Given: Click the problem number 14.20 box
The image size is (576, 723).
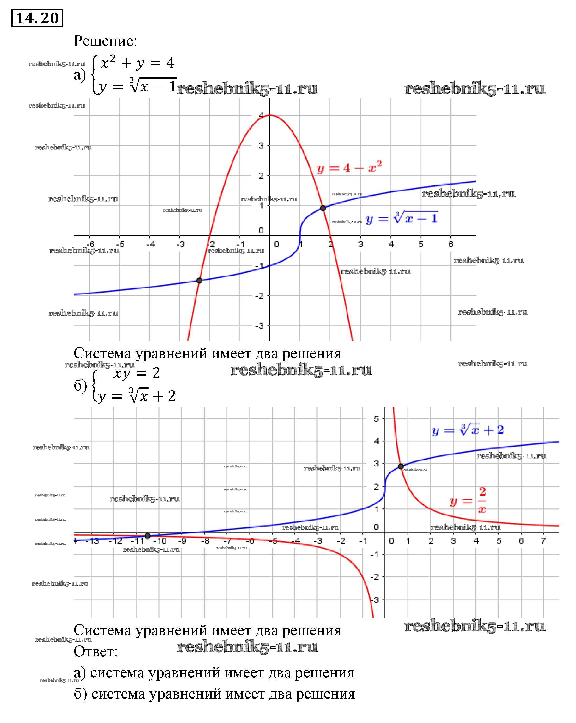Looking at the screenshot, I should tap(37, 18).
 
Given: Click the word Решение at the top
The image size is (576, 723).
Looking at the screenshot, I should tap(105, 41).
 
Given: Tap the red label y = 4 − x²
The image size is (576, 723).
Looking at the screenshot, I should tap(349, 167).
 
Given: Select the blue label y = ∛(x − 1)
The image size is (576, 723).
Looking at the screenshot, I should tap(402, 218).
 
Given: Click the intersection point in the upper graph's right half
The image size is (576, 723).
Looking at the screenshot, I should tap(322, 208).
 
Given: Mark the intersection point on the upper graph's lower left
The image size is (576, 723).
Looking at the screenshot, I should tap(199, 280).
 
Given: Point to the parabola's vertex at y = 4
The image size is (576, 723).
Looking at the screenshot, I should tap(270, 115).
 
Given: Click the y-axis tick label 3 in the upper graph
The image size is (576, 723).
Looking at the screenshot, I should tap(261, 146).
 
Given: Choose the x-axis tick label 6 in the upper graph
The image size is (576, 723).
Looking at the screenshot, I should tap(450, 244).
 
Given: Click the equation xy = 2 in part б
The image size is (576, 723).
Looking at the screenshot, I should tap(137, 373).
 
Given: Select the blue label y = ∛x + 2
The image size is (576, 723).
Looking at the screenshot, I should tap(468, 430).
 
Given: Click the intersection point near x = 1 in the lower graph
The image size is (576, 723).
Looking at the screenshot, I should tap(401, 466).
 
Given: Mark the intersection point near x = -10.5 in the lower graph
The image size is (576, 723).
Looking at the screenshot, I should tap(148, 536).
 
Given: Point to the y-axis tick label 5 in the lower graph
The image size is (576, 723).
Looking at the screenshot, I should tap(376, 419).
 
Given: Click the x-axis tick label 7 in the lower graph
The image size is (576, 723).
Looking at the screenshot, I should tap(543, 541).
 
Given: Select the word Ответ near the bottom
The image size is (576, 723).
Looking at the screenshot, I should tap(96, 651).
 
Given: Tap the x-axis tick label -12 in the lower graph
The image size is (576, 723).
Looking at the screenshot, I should tap(115, 541).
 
